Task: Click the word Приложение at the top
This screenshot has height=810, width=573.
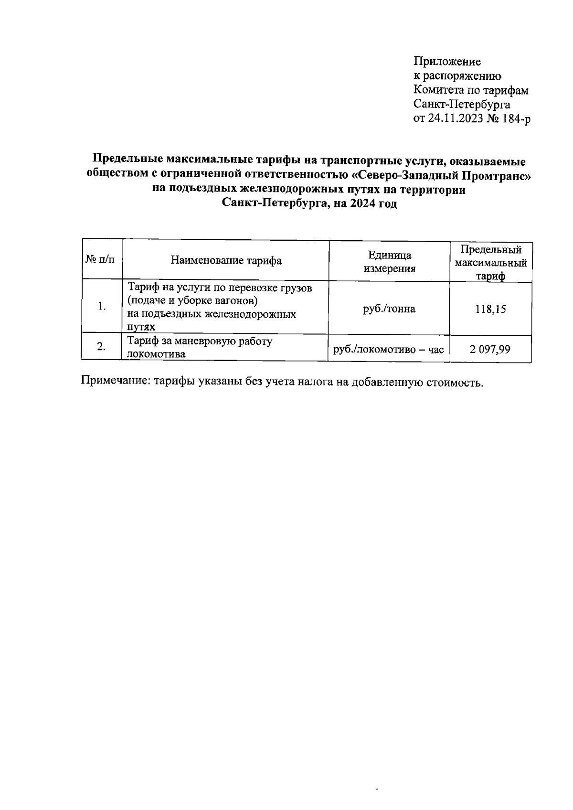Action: [x=447, y=62]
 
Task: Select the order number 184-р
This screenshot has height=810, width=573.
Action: [x=514, y=119]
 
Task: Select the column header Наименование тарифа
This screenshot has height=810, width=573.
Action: [x=226, y=260]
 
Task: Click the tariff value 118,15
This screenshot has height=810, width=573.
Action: [x=490, y=309]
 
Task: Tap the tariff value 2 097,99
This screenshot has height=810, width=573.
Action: [x=490, y=350]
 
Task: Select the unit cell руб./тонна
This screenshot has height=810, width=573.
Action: [x=389, y=309]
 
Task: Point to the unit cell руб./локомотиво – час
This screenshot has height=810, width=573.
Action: [x=389, y=350]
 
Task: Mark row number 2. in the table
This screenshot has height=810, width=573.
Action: [x=101, y=347]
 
